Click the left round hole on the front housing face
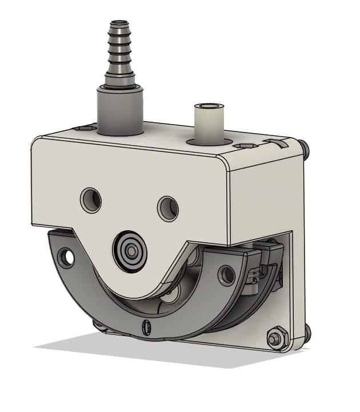coord(91,199)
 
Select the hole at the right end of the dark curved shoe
coord(227,275)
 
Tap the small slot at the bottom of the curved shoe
coord(146,327)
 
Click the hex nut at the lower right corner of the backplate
coord(277,337)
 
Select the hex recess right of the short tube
coord(246,146)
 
